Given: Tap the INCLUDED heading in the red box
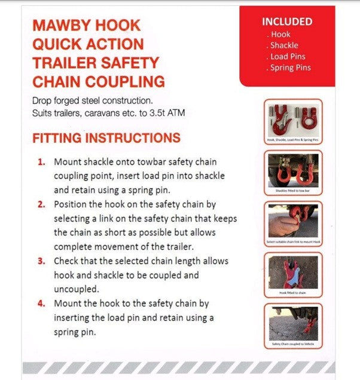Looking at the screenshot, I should tap(287, 22).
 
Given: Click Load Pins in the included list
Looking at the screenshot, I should tap(288, 57).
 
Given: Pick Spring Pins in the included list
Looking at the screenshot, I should tap(290, 68).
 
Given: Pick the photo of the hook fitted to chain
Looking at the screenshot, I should tap(293, 272).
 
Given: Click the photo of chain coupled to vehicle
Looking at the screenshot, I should tap(293, 323).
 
